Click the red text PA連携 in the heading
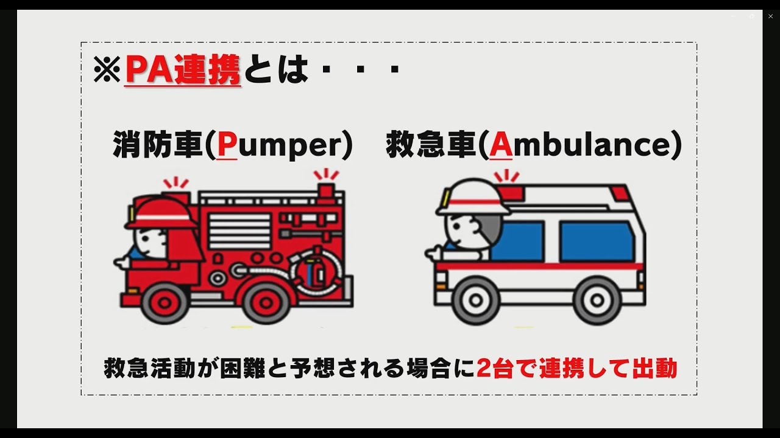click(x=183, y=69)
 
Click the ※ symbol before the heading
click(x=107, y=69)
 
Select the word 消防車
click(x=158, y=145)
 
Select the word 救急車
click(x=431, y=145)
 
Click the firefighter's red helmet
click(x=161, y=213)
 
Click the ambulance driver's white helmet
click(x=472, y=198)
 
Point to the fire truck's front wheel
click(x=165, y=303)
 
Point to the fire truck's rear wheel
click(x=266, y=303)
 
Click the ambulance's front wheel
click(x=476, y=301)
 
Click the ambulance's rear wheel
click(x=597, y=301)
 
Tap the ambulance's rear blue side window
click(x=597, y=242)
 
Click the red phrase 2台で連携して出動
click(x=577, y=369)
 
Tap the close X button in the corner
click(x=770, y=16)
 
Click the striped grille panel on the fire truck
click(x=239, y=232)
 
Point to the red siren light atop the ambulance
click(x=511, y=193)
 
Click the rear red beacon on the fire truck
click(x=326, y=190)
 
